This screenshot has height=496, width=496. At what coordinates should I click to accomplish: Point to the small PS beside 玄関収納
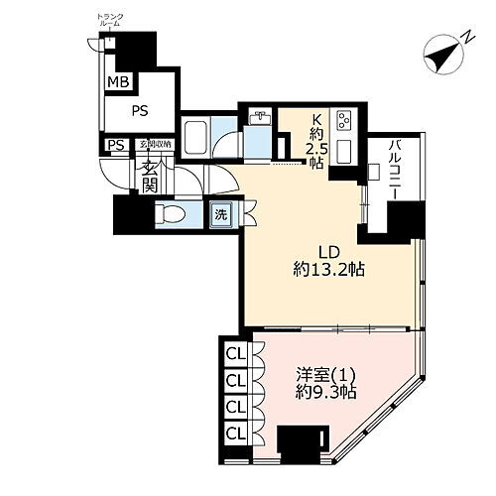(x=117, y=145)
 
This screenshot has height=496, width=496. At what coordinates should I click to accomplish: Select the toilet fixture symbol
(x=172, y=212)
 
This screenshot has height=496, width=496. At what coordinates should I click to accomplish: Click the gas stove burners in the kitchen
(x=347, y=122)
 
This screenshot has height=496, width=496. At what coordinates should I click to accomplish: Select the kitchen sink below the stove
(x=347, y=152)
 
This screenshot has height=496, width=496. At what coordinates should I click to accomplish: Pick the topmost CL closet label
(x=236, y=354)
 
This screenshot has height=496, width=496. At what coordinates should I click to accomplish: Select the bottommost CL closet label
(x=236, y=432)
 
